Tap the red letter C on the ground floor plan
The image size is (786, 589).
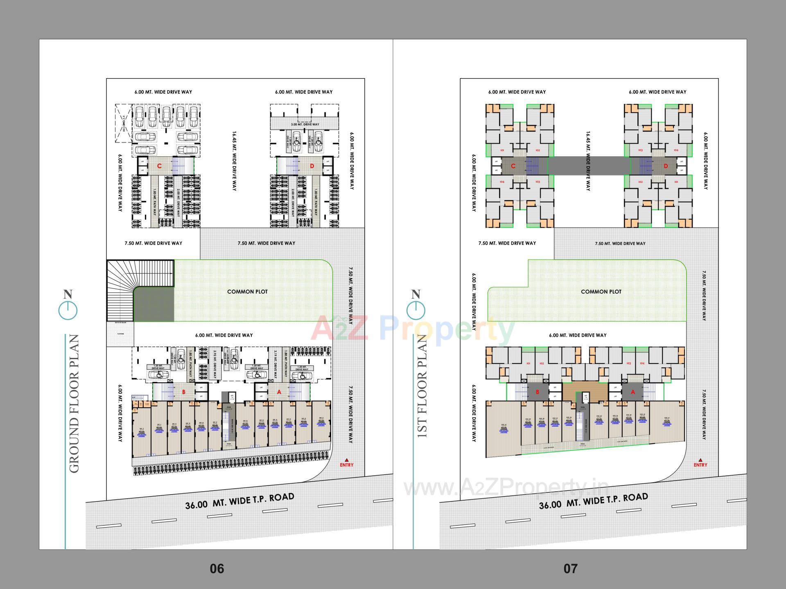coord(159,166)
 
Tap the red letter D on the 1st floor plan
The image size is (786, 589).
coord(666,166)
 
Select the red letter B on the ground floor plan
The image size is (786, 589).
coord(183,392)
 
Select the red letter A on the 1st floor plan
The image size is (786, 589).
coord(632,392)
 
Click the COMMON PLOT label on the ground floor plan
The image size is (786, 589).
coord(247,292)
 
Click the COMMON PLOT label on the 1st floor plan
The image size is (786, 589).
coord(601,292)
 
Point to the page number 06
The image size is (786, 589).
coord(217,569)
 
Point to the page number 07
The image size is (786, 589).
coord(570,569)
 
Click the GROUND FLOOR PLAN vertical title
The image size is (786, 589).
coord(74,403)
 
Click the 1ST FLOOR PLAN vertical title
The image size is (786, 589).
coord(422,387)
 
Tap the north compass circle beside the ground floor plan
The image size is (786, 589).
coord(68,310)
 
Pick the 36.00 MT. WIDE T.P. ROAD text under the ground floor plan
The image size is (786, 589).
coord(239,501)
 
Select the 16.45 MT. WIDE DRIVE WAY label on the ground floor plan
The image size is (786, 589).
coord(234,161)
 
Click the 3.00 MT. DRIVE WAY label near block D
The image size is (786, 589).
coord(305,124)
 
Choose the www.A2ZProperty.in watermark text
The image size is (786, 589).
coord(506,487)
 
